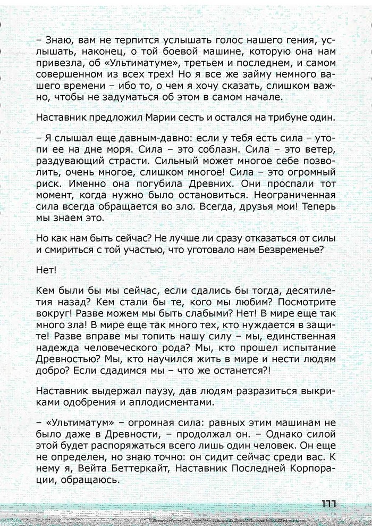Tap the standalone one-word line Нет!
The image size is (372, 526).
(46, 271)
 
